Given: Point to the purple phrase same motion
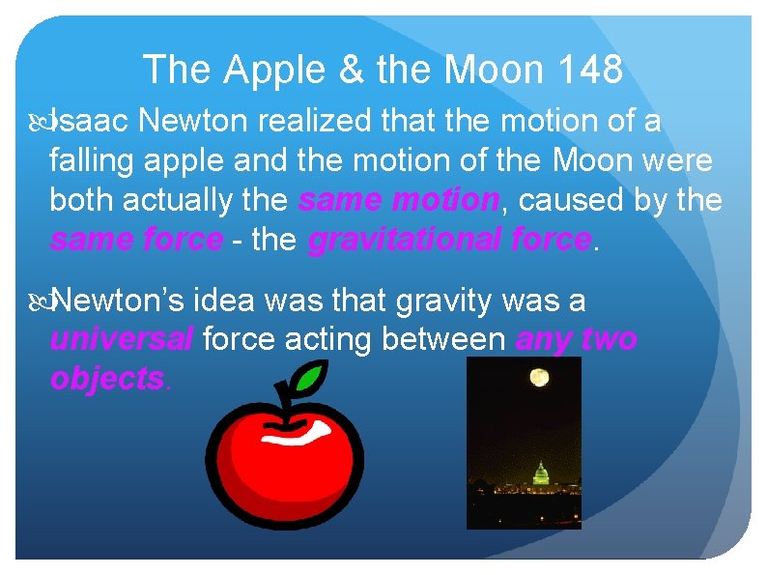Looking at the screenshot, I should [398, 200].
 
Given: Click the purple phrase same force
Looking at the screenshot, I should [136, 239].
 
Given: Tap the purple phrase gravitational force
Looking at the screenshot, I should [448, 239].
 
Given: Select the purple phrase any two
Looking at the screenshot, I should [576, 340].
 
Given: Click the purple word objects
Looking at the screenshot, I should [107, 379].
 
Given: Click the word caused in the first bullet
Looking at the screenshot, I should [565, 200].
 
